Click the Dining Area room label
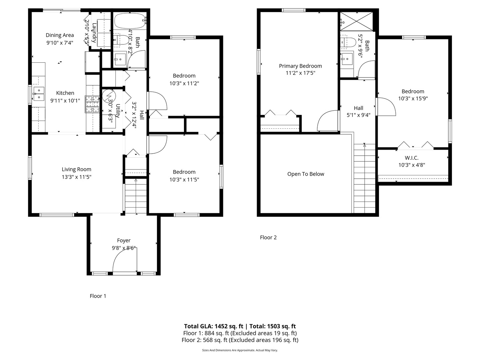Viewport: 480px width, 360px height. [x=60, y=35]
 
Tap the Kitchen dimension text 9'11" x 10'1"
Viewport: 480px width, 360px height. [x=65, y=101]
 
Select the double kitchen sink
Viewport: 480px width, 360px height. [x=39, y=94]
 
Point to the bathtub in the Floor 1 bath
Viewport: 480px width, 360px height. [x=130, y=21]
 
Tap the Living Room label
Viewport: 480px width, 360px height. [x=77, y=169]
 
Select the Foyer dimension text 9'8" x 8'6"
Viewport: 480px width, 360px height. [x=124, y=248]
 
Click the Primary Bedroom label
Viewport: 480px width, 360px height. [x=300, y=66]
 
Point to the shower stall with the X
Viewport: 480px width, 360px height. [x=356, y=21]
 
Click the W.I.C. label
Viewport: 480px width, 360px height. [x=412, y=158]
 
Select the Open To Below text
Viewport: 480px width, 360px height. [x=306, y=174]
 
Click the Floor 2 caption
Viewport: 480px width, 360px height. [x=268, y=237]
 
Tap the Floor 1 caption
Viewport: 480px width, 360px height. [x=98, y=296]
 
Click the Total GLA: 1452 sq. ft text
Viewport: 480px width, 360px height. [x=213, y=326]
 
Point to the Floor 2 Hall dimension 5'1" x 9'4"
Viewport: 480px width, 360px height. [x=358, y=115]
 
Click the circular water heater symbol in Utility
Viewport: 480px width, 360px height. [x=109, y=96]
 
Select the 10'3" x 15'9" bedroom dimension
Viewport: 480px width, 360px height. [x=413, y=98]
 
